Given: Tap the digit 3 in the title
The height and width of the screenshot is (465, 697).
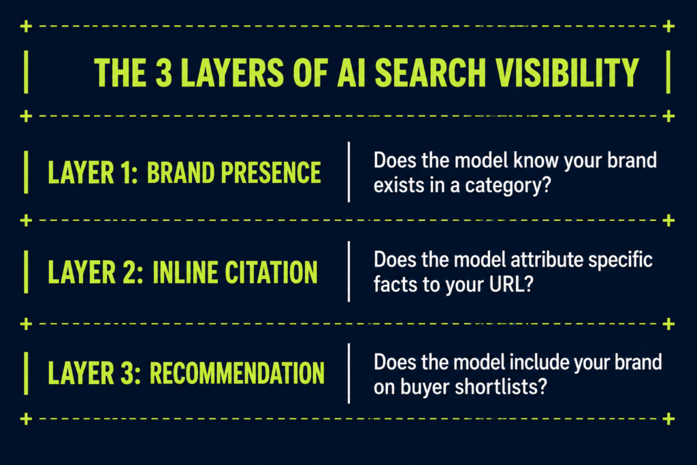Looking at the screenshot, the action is [163, 72].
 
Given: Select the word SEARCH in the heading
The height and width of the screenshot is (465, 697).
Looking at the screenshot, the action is [430, 72].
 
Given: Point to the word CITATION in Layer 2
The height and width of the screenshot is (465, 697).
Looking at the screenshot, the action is [271, 272].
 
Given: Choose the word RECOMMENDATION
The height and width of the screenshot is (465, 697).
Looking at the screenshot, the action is [237, 372].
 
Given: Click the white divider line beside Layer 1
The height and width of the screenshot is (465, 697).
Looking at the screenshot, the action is [348, 172].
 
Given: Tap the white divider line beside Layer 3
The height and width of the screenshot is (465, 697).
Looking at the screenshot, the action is [348, 373].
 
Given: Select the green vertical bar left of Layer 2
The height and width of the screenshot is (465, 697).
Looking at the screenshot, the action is [26, 272].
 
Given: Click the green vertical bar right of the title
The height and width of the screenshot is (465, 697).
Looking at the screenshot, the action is [668, 72].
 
